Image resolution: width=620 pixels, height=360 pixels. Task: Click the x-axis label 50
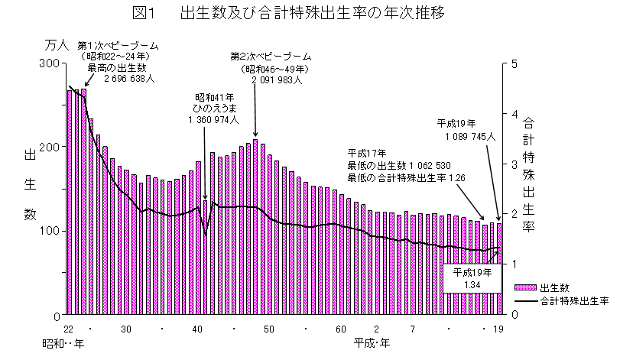click(269, 329)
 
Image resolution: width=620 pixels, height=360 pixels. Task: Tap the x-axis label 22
click(69, 329)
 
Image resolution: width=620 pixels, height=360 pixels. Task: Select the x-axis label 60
click(340, 329)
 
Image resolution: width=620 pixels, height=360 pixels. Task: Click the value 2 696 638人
click(127, 78)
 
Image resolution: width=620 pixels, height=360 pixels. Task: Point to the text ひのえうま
click(214, 109)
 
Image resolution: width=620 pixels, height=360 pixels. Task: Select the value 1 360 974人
click(214, 120)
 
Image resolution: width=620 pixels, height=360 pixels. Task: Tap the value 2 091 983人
click(277, 79)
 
